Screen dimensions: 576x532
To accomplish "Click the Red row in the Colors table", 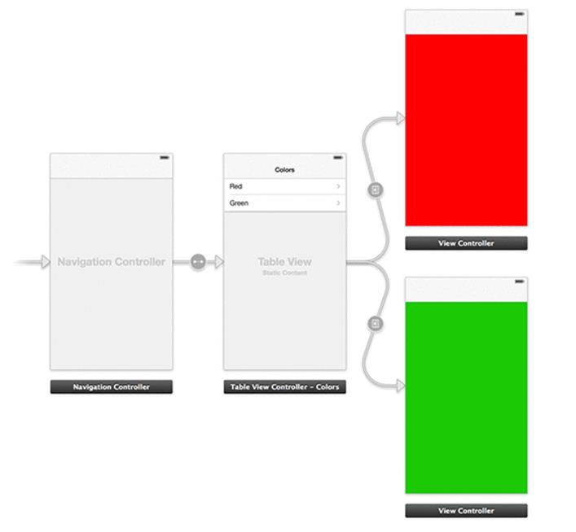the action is click(x=284, y=186).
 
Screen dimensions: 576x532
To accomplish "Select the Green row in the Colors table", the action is click(x=284, y=203).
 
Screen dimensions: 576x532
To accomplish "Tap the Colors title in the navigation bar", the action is click(x=284, y=170).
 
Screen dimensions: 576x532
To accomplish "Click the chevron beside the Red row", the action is click(x=338, y=186).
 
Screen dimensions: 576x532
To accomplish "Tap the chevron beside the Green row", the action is click(x=338, y=203).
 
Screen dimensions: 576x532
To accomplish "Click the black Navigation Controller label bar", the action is click(x=112, y=386).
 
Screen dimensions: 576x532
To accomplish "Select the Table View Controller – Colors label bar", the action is click(x=284, y=386).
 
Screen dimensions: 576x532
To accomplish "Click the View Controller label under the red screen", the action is click(x=466, y=243).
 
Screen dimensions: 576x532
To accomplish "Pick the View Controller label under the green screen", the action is click(x=466, y=511).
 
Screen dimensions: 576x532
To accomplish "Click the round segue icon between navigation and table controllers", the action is click(x=198, y=262).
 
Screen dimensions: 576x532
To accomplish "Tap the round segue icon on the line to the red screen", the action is click(x=375, y=190).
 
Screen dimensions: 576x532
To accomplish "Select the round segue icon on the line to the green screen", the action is click(x=375, y=324).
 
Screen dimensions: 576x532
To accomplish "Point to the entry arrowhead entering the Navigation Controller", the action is click(x=46, y=262).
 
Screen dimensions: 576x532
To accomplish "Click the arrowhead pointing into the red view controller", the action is click(x=400, y=118).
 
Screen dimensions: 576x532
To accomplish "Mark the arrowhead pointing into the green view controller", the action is click(x=400, y=386).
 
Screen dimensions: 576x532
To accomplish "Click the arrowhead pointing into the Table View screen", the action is click(x=219, y=262).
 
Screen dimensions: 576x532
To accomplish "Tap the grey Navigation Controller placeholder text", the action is click(x=112, y=262).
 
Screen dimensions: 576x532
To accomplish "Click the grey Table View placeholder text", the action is click(x=284, y=261).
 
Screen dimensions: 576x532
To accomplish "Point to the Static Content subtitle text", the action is click(x=284, y=273).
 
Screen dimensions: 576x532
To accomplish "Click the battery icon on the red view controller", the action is click(x=519, y=14).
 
